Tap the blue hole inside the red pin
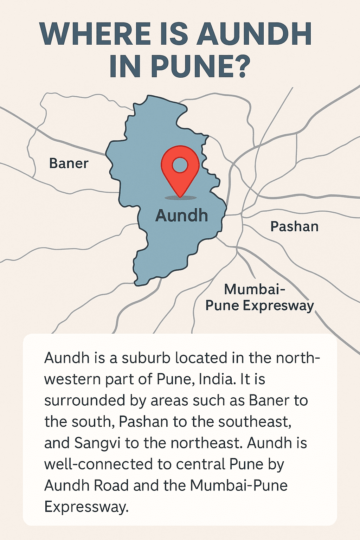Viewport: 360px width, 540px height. pos(180,165)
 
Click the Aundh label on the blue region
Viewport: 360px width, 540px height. pos(181,216)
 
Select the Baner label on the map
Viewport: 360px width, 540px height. pos(69,163)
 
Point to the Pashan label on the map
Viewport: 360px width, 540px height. pos(294,226)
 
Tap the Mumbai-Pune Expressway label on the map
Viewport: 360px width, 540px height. pos(259,297)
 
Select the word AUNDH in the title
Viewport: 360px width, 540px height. pos(254,34)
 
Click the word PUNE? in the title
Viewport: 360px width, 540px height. pos(200,66)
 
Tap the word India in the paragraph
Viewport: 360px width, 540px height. pos(217,379)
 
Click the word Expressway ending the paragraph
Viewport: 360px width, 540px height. pos(86,507)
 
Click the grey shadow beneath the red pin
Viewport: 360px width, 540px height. pos(180,198)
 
